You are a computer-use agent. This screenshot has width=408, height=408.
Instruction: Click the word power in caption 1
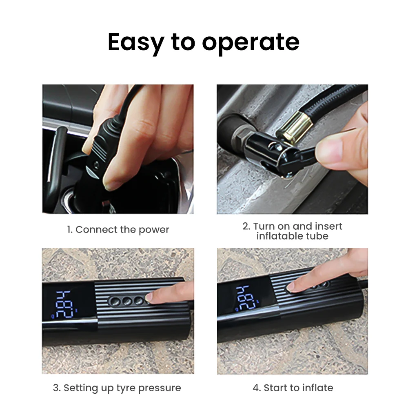(154, 230)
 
